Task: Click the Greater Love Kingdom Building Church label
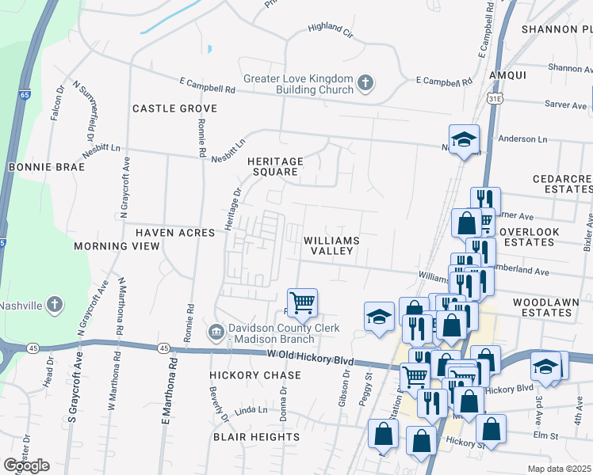click(x=298, y=84)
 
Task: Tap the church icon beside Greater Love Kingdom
click(x=365, y=82)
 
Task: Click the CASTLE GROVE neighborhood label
click(x=174, y=108)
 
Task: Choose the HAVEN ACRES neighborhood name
click(x=175, y=233)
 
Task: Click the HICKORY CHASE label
click(x=255, y=374)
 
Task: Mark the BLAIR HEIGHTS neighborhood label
click(x=256, y=437)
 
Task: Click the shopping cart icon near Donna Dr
click(x=302, y=302)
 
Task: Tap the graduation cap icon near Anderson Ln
click(x=464, y=139)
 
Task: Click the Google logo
click(x=26, y=465)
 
